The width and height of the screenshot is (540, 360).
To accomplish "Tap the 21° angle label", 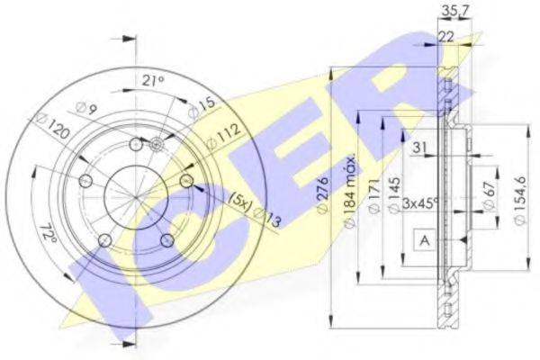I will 154,81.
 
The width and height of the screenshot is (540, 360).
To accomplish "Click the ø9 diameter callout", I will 85,112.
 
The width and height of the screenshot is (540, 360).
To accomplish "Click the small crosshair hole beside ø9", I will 157,144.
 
